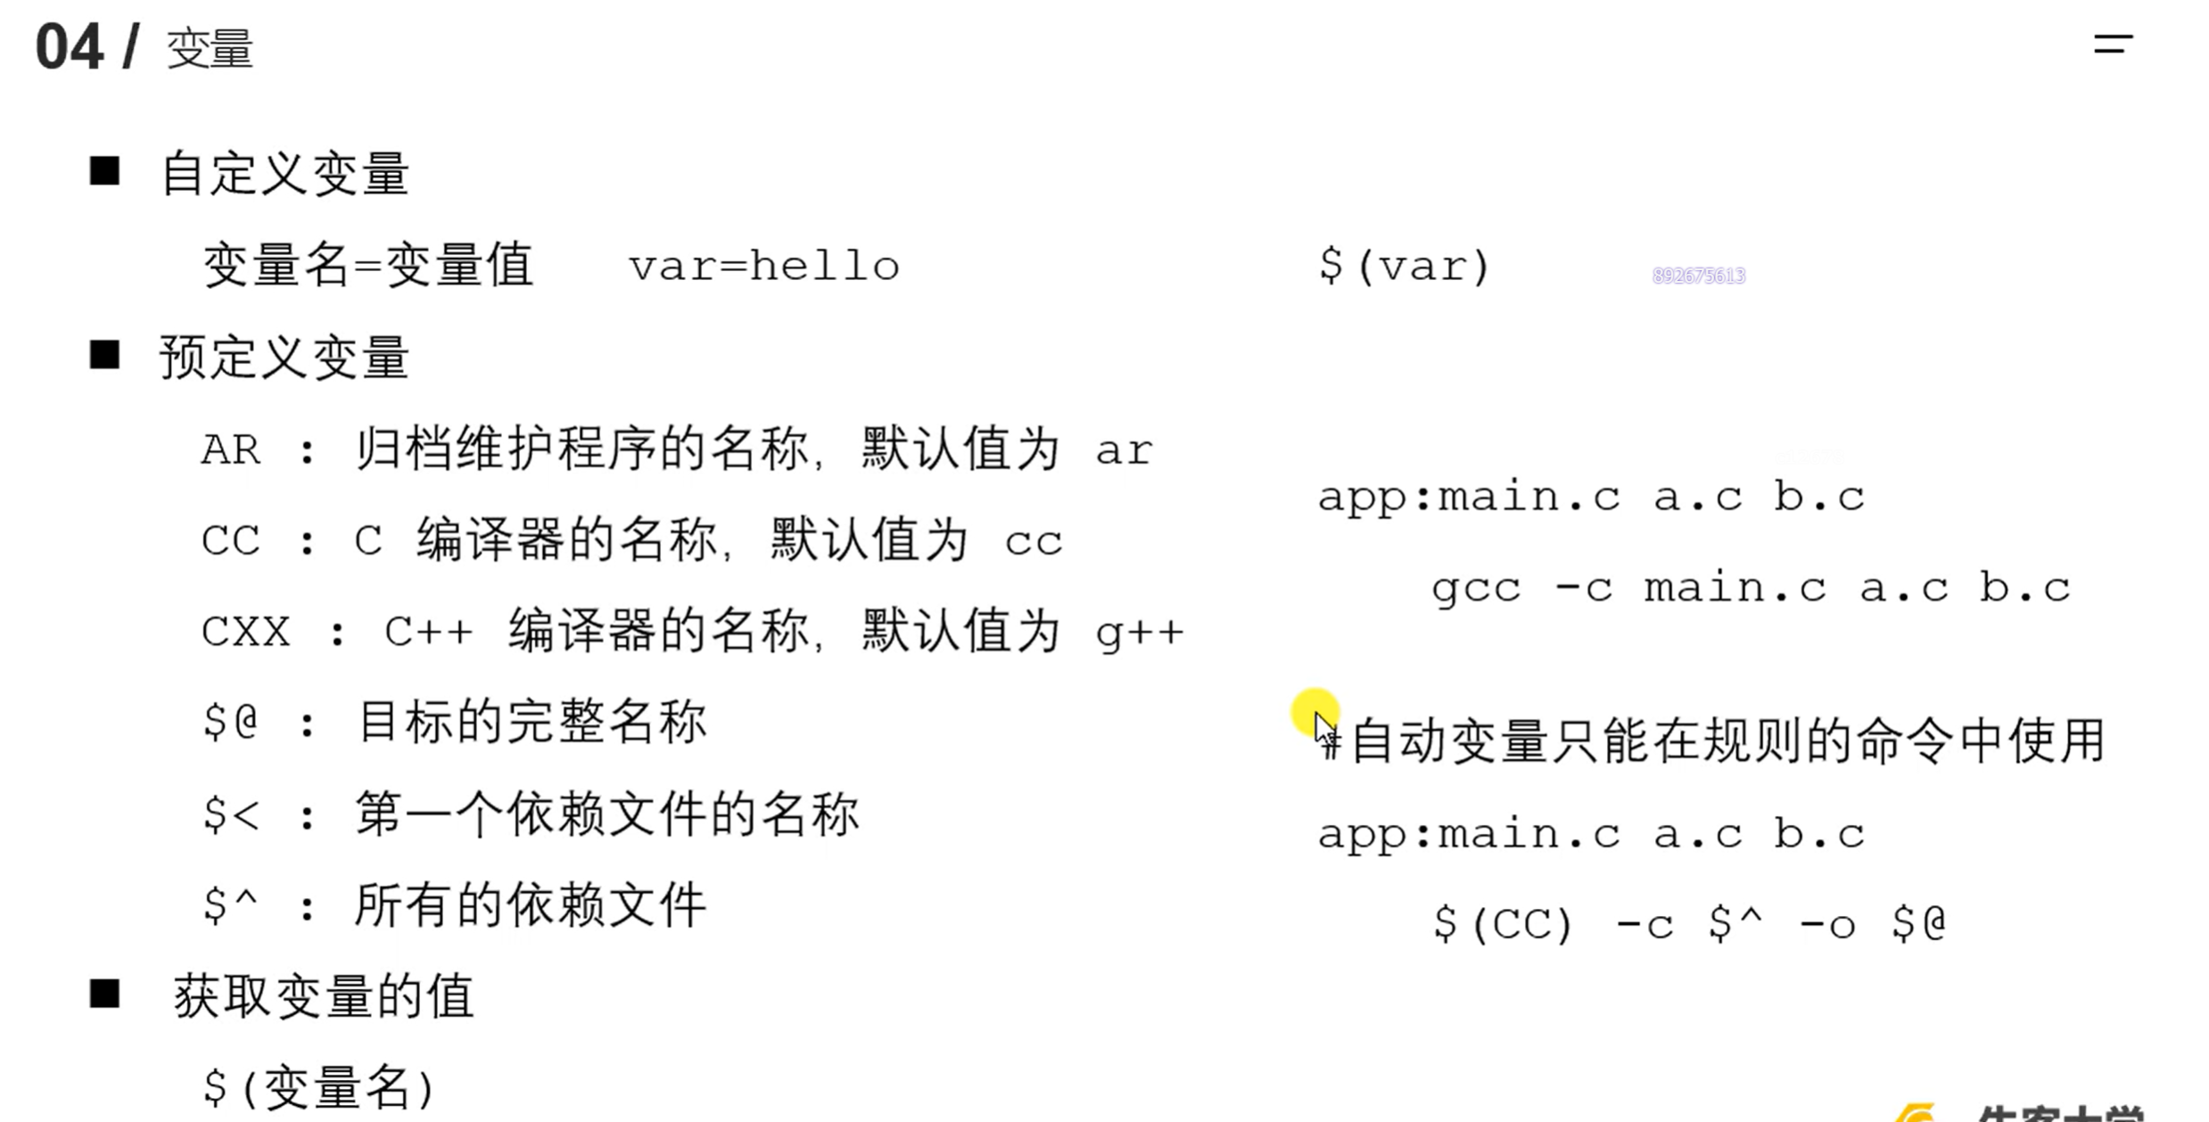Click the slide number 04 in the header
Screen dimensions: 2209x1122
69,47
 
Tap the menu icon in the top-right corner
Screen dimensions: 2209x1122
2113,44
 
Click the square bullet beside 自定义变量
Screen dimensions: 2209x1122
104,170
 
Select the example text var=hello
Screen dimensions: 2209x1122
764,267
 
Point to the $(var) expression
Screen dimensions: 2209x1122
1404,266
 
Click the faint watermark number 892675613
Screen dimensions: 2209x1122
1698,276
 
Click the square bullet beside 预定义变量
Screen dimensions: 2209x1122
104,355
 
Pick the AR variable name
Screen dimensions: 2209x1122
231,450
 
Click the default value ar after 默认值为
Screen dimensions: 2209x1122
1124,450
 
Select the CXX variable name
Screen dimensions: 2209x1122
246,632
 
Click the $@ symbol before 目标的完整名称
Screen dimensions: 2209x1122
230,721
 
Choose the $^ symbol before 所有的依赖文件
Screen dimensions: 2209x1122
230,905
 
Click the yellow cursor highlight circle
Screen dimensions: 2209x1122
1314,713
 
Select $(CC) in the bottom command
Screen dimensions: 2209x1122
1502,924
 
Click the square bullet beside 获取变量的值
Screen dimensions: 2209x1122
104,994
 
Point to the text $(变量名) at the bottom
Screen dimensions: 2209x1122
318,1087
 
